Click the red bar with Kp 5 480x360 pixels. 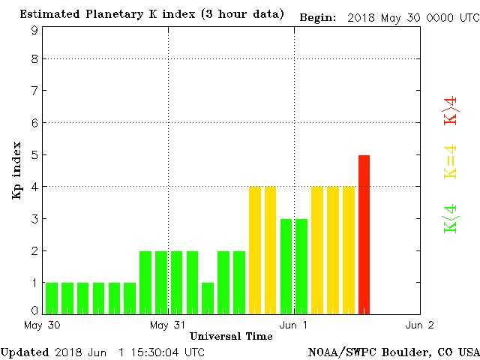point(364,233)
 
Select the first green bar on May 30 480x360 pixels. point(52,297)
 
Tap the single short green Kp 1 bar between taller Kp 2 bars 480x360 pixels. point(208,297)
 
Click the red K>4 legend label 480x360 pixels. point(451,110)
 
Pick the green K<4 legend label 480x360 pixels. point(451,218)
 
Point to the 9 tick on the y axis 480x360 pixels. point(34,30)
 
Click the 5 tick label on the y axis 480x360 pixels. point(34,154)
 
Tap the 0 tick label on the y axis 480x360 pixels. point(34,310)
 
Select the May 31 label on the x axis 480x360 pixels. point(167,325)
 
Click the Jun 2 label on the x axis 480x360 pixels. point(419,325)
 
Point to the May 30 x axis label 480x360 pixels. point(42,325)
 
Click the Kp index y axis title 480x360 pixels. point(16,170)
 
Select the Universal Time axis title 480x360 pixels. point(230,336)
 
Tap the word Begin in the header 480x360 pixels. point(317,17)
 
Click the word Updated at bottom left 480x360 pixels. point(24,351)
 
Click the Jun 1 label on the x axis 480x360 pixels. point(293,325)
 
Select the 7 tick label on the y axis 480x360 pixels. point(34,91)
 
